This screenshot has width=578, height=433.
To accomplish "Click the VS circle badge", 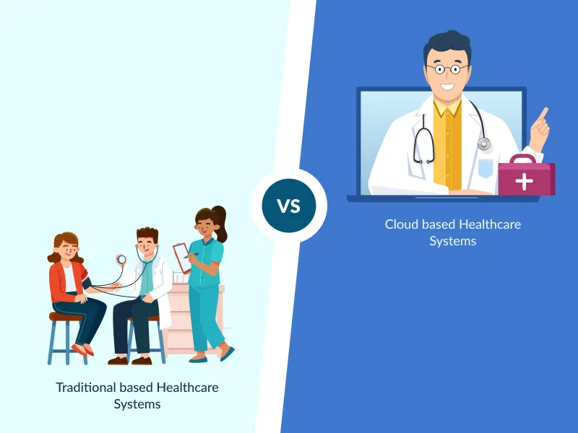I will [x=289, y=206].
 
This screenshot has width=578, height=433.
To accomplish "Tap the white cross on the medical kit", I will [x=525, y=181].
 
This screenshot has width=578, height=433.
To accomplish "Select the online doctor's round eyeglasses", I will [x=447, y=69].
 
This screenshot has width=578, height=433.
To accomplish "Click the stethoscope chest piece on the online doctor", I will [x=484, y=144].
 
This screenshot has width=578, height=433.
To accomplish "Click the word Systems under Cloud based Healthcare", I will [x=453, y=241].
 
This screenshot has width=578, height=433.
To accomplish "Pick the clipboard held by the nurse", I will [x=181, y=256].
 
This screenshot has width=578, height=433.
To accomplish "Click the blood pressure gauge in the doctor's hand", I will [x=121, y=259].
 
